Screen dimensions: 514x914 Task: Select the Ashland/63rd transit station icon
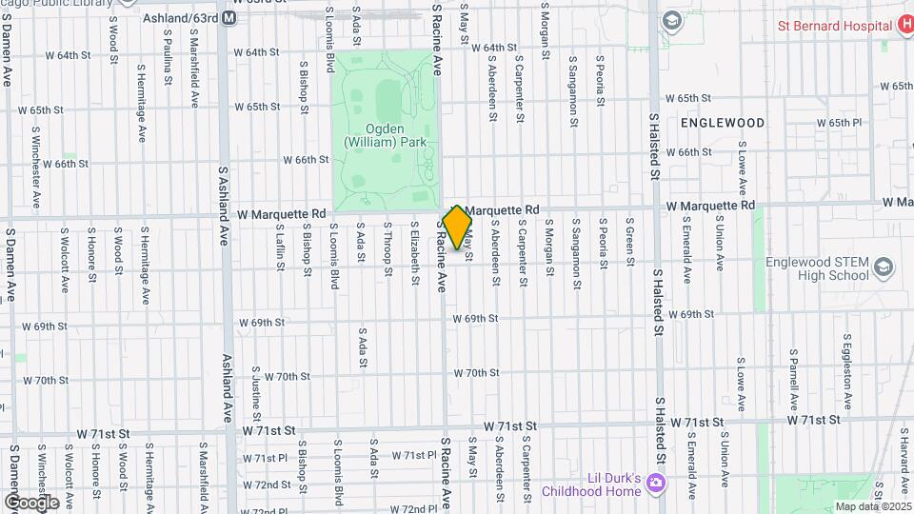pos(229,18)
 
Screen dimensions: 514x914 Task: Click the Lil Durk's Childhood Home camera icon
pos(655,484)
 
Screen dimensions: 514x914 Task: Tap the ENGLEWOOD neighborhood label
pos(723,123)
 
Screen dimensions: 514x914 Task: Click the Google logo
pos(31,502)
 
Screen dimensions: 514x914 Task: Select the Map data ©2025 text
pos(872,505)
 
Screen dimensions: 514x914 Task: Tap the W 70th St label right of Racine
pos(476,373)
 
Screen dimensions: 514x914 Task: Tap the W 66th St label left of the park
pos(305,159)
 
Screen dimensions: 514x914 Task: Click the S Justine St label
pos(256,390)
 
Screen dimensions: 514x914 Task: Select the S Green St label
pos(629,243)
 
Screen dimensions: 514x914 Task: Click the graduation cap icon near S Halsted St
pos(672,19)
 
